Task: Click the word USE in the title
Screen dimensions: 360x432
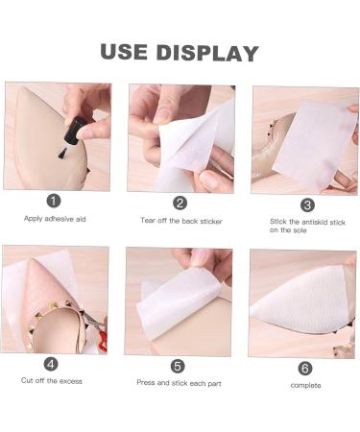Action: coord(124,52)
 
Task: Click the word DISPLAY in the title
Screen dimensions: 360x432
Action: coord(207,53)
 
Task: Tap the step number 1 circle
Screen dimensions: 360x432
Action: coord(54,202)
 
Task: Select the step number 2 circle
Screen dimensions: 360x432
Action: coord(180,203)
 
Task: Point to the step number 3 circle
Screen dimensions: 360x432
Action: coord(307,204)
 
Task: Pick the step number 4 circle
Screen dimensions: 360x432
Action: coord(51,364)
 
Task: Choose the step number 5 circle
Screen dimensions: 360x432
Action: coord(178,366)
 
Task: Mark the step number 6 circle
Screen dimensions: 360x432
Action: coord(305,369)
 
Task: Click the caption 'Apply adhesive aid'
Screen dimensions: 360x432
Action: coord(55,219)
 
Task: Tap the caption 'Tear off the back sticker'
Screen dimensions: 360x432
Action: coord(181,221)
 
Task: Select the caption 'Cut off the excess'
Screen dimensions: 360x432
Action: coord(52,381)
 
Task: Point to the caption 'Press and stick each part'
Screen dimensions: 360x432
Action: coord(179,383)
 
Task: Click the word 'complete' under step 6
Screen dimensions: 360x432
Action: coord(305,385)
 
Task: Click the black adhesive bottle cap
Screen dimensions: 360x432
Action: coord(74,131)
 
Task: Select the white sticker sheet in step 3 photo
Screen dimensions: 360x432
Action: coord(315,146)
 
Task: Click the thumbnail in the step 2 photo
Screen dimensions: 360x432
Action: coord(207,180)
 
